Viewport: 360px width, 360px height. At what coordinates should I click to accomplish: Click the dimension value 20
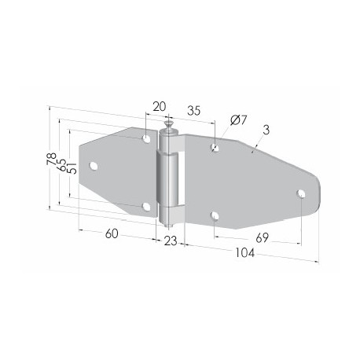coord(160,107)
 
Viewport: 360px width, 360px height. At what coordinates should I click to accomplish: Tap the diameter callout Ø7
coord(239,119)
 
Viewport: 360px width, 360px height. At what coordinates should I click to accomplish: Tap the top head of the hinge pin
coord(169,123)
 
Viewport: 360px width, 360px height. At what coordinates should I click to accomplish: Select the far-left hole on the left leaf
coord(94,166)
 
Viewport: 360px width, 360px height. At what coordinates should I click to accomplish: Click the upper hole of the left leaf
coord(146,138)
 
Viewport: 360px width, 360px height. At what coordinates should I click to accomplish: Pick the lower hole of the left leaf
coord(146,207)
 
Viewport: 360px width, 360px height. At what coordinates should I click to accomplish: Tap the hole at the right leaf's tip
coord(300,193)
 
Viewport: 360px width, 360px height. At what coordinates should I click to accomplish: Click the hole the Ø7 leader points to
coord(215,146)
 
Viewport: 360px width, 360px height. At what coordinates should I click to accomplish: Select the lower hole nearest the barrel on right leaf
coord(215,215)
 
